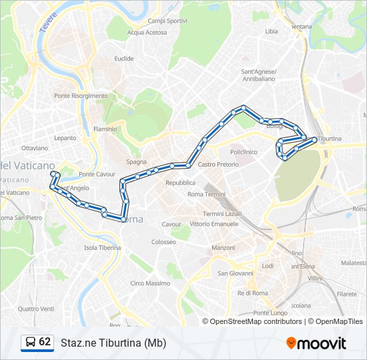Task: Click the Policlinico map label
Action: [x=244, y=152]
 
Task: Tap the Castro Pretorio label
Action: [x=218, y=164]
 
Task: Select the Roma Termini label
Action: [x=206, y=194]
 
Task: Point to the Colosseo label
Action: [x=163, y=242]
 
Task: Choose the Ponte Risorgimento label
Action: [x=81, y=96]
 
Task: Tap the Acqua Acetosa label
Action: [x=147, y=32]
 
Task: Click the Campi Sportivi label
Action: [x=167, y=21]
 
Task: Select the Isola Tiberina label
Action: [x=102, y=247]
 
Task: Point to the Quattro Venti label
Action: [x=36, y=309]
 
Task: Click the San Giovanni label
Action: [x=236, y=273]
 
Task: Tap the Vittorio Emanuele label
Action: [x=214, y=224]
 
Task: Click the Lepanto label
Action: [x=66, y=138]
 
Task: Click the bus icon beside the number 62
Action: [x=31, y=343]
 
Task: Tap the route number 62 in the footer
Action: [x=45, y=342]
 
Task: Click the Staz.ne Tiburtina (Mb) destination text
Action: [x=113, y=343]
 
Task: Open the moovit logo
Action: [x=316, y=343]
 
